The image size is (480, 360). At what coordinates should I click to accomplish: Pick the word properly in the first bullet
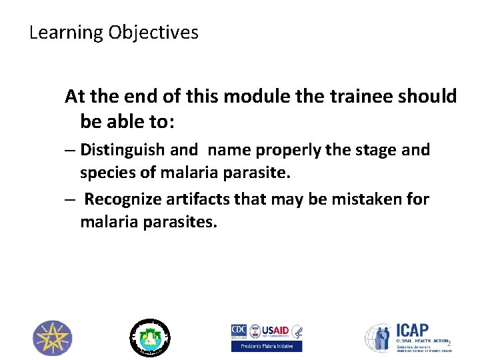coord(294,150)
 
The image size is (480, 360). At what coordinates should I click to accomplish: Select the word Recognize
coord(127,199)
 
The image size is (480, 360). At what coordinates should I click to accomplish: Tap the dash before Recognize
coord(70,199)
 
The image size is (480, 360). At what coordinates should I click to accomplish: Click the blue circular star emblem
coord(53,337)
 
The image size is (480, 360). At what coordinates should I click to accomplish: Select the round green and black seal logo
coord(149,337)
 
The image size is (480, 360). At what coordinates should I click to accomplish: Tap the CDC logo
coord(239,331)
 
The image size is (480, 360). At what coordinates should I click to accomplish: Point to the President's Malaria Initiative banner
coord(267,346)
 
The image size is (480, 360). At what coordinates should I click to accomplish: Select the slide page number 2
coord(449,344)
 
